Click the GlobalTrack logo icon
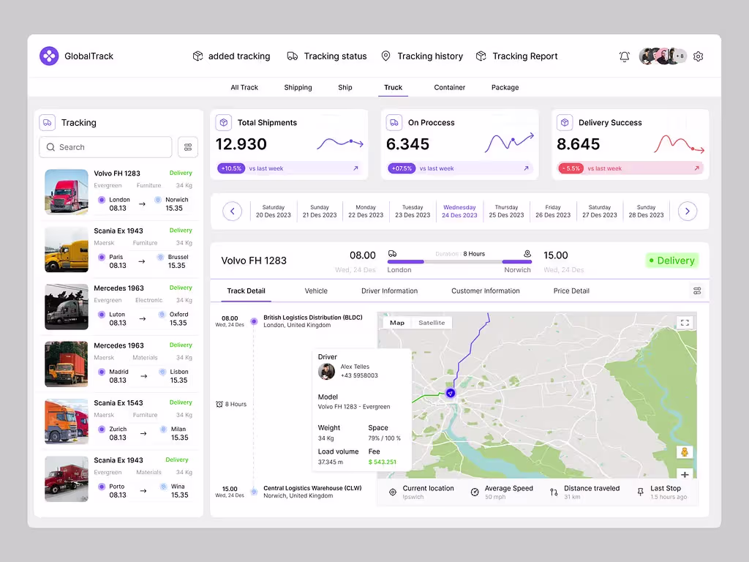coord(49,56)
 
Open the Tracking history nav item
coord(422,56)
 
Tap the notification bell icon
coord(624,56)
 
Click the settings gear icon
coord(698,56)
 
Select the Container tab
coord(449,88)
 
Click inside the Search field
coord(106,147)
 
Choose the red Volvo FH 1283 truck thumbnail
coord(67,192)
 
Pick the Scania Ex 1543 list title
coord(118,403)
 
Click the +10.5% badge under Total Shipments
coord(230,168)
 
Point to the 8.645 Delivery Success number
coord(578,144)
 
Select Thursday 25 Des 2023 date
coord(506,211)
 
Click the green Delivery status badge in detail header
coord(671,261)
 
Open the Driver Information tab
coord(389,291)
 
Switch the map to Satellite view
coord(432,323)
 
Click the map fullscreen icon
coord(685,323)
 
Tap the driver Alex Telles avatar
coord(326,372)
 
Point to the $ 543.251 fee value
coord(383,462)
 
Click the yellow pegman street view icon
coord(685,452)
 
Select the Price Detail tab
coord(571,291)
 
